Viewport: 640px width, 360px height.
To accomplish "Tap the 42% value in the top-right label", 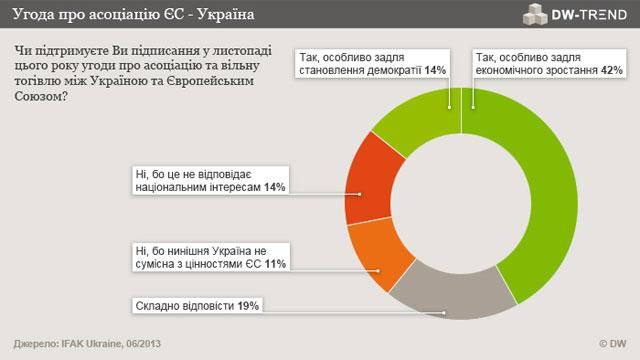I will click(612, 70).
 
